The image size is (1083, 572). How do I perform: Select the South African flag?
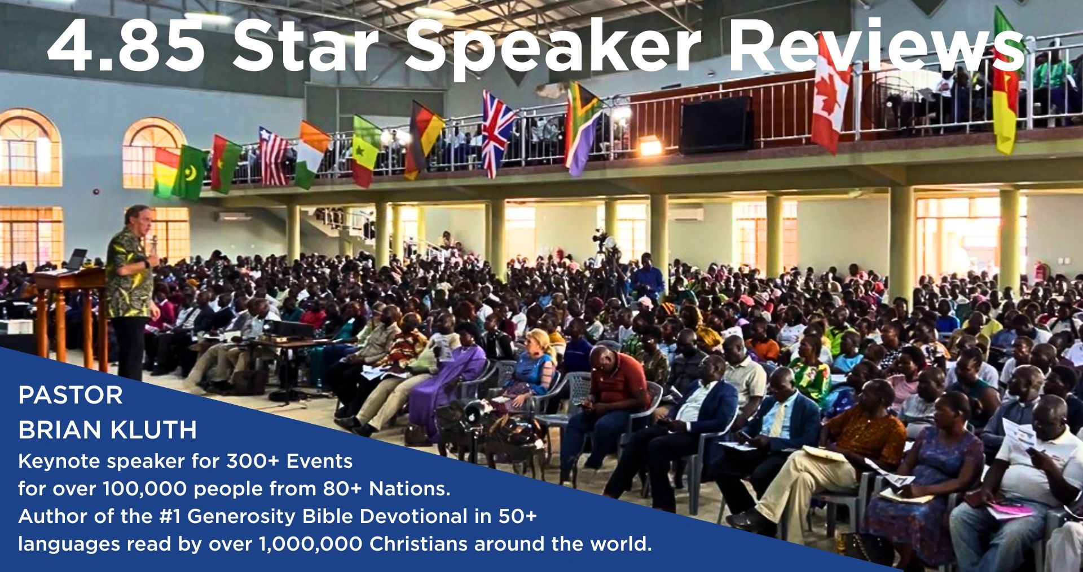coord(583,127)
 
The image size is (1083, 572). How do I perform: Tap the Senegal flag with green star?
coord(366,150)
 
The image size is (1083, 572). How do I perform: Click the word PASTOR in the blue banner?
coord(70,396)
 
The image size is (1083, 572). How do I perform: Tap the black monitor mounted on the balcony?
coord(716,125)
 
